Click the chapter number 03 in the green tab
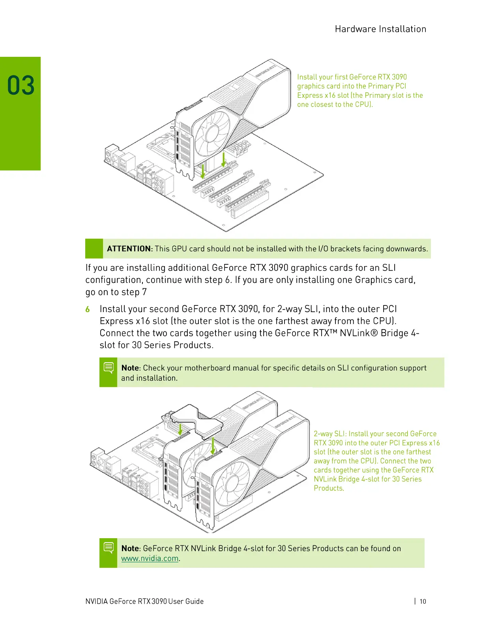21,85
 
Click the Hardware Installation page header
380,29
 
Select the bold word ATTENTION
129,249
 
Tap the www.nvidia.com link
150,559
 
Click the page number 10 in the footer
423,601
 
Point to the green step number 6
88,309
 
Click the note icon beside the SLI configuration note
109,368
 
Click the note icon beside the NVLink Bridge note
109,548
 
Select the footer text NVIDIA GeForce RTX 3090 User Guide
144,601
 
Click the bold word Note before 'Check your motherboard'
130,368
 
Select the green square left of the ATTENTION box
94,249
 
